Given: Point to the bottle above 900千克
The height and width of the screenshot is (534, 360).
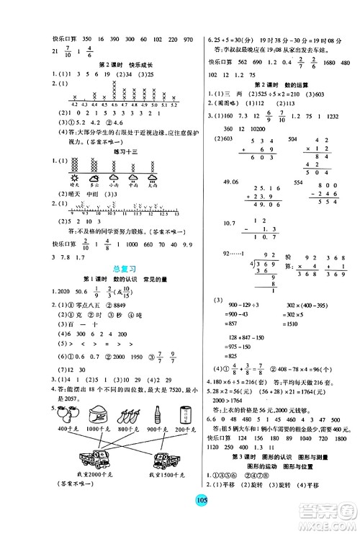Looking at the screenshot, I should (157, 417).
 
